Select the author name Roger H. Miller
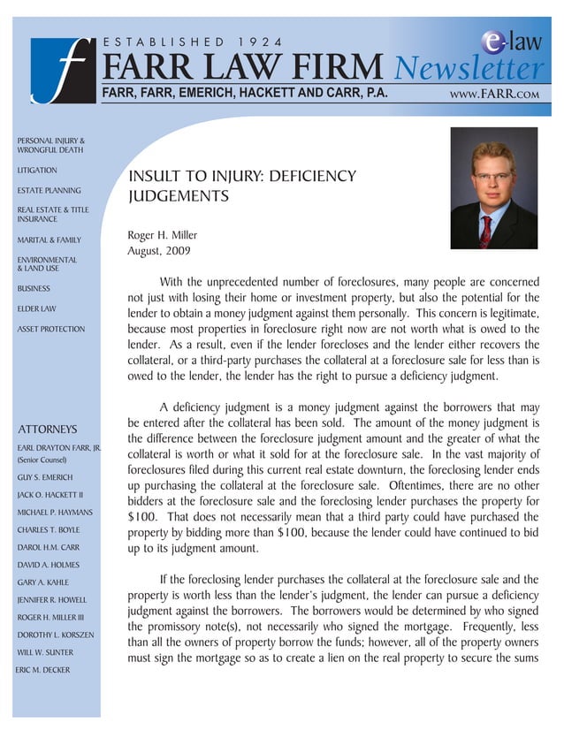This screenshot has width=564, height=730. click(163, 235)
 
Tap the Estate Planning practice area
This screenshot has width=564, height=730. click(49, 190)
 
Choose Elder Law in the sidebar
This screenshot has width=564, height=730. click(37, 308)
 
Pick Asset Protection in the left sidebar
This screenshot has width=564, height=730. click(51, 329)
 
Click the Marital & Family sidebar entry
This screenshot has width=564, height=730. click(49, 240)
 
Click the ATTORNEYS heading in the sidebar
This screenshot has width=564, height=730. click(48, 430)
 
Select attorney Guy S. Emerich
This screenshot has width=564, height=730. click(45, 477)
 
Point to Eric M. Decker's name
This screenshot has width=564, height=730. click(44, 669)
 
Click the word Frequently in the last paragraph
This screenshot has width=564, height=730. click(485, 626)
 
